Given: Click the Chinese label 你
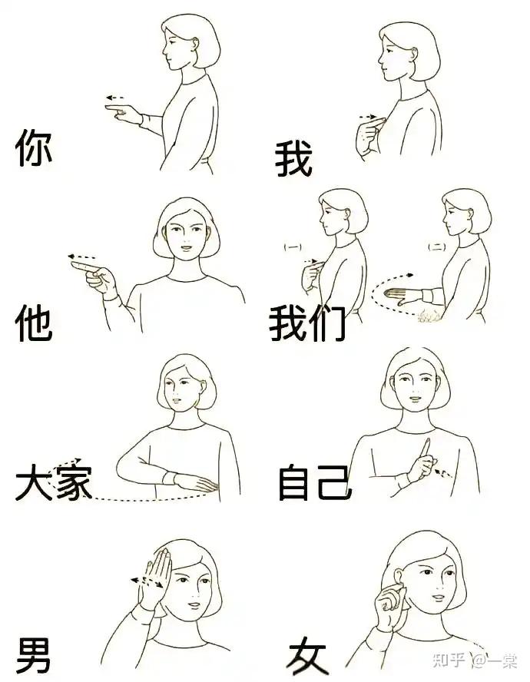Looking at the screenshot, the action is coord(34,147).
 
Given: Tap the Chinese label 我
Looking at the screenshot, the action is coord(293,158).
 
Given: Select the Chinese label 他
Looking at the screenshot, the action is coord(34,323).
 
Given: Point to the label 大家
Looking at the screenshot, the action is coord(54,482).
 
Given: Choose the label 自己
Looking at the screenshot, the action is coord(315,482).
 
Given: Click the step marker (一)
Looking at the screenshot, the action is coord(293,247).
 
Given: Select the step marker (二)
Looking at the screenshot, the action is coord(436,247).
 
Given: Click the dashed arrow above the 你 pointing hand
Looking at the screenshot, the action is coord(115,98).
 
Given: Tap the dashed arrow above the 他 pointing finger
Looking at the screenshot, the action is coord(81,257).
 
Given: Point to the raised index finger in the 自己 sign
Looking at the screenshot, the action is coord(425,447).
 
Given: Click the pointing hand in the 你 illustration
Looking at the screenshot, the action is coord(124,113).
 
